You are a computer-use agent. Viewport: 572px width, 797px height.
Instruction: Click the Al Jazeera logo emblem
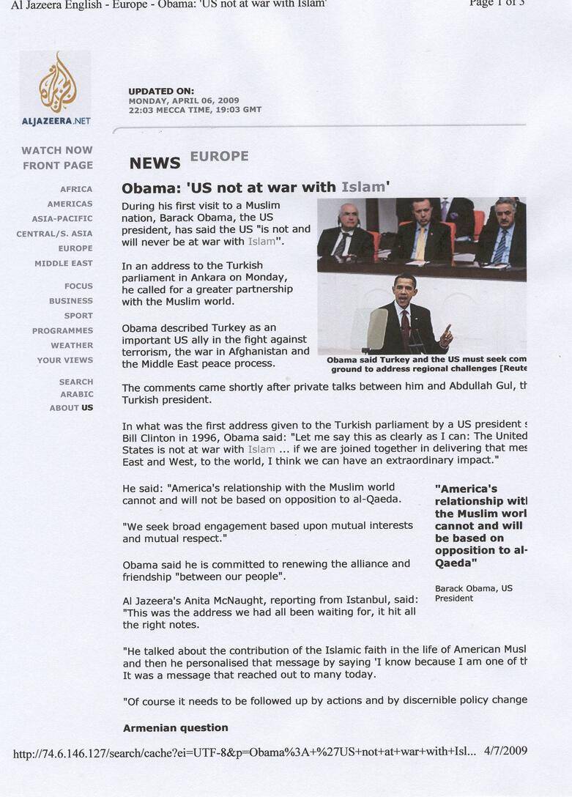57,81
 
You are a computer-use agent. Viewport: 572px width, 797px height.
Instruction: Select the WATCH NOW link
57,150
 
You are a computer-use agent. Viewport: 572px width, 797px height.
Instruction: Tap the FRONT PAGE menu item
58,166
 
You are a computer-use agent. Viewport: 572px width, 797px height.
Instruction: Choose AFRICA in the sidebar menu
76,189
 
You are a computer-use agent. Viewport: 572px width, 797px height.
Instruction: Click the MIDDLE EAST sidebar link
64,263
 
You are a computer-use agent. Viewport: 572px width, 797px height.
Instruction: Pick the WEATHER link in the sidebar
72,345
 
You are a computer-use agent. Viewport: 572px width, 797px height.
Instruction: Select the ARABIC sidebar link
77,394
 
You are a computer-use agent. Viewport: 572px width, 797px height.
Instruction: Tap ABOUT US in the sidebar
71,407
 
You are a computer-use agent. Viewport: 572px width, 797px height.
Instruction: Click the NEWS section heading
155,163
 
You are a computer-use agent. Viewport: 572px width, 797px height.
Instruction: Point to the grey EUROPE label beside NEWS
219,156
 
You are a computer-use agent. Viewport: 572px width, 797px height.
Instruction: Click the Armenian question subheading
175,727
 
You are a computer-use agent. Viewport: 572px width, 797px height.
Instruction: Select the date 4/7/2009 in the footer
505,750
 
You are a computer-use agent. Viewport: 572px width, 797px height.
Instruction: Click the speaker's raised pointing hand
446,335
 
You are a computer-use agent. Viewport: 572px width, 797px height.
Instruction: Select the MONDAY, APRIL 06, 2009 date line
184,100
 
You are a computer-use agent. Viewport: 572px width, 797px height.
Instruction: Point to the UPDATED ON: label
161,91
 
